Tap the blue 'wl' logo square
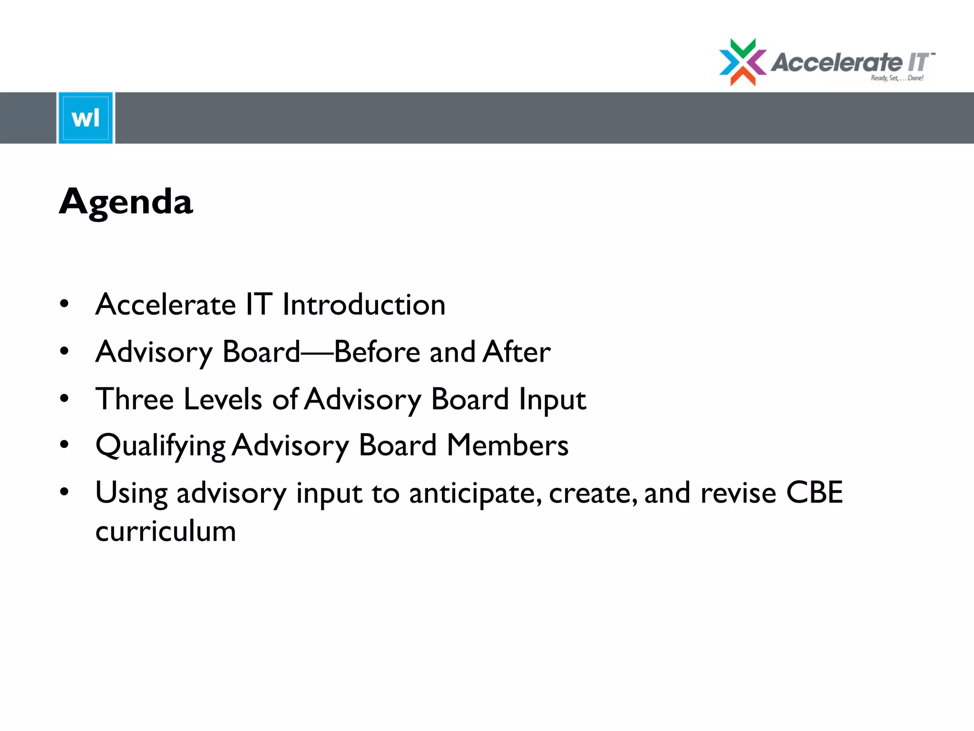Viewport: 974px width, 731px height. (86, 118)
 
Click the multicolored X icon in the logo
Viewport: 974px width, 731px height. (742, 62)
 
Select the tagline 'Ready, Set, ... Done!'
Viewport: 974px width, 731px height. (897, 78)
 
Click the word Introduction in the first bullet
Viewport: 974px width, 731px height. (364, 305)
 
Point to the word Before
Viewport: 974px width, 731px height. (377, 352)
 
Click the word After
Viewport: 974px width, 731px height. (517, 352)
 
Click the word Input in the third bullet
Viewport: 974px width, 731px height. (552, 400)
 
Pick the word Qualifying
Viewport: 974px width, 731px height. (160, 446)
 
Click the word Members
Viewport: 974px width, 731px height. (507, 445)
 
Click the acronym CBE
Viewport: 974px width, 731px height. (814, 493)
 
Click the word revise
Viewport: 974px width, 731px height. (738, 493)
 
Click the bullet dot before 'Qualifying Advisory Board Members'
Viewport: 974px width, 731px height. (64, 445)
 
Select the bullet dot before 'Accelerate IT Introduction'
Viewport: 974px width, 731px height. (64, 304)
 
